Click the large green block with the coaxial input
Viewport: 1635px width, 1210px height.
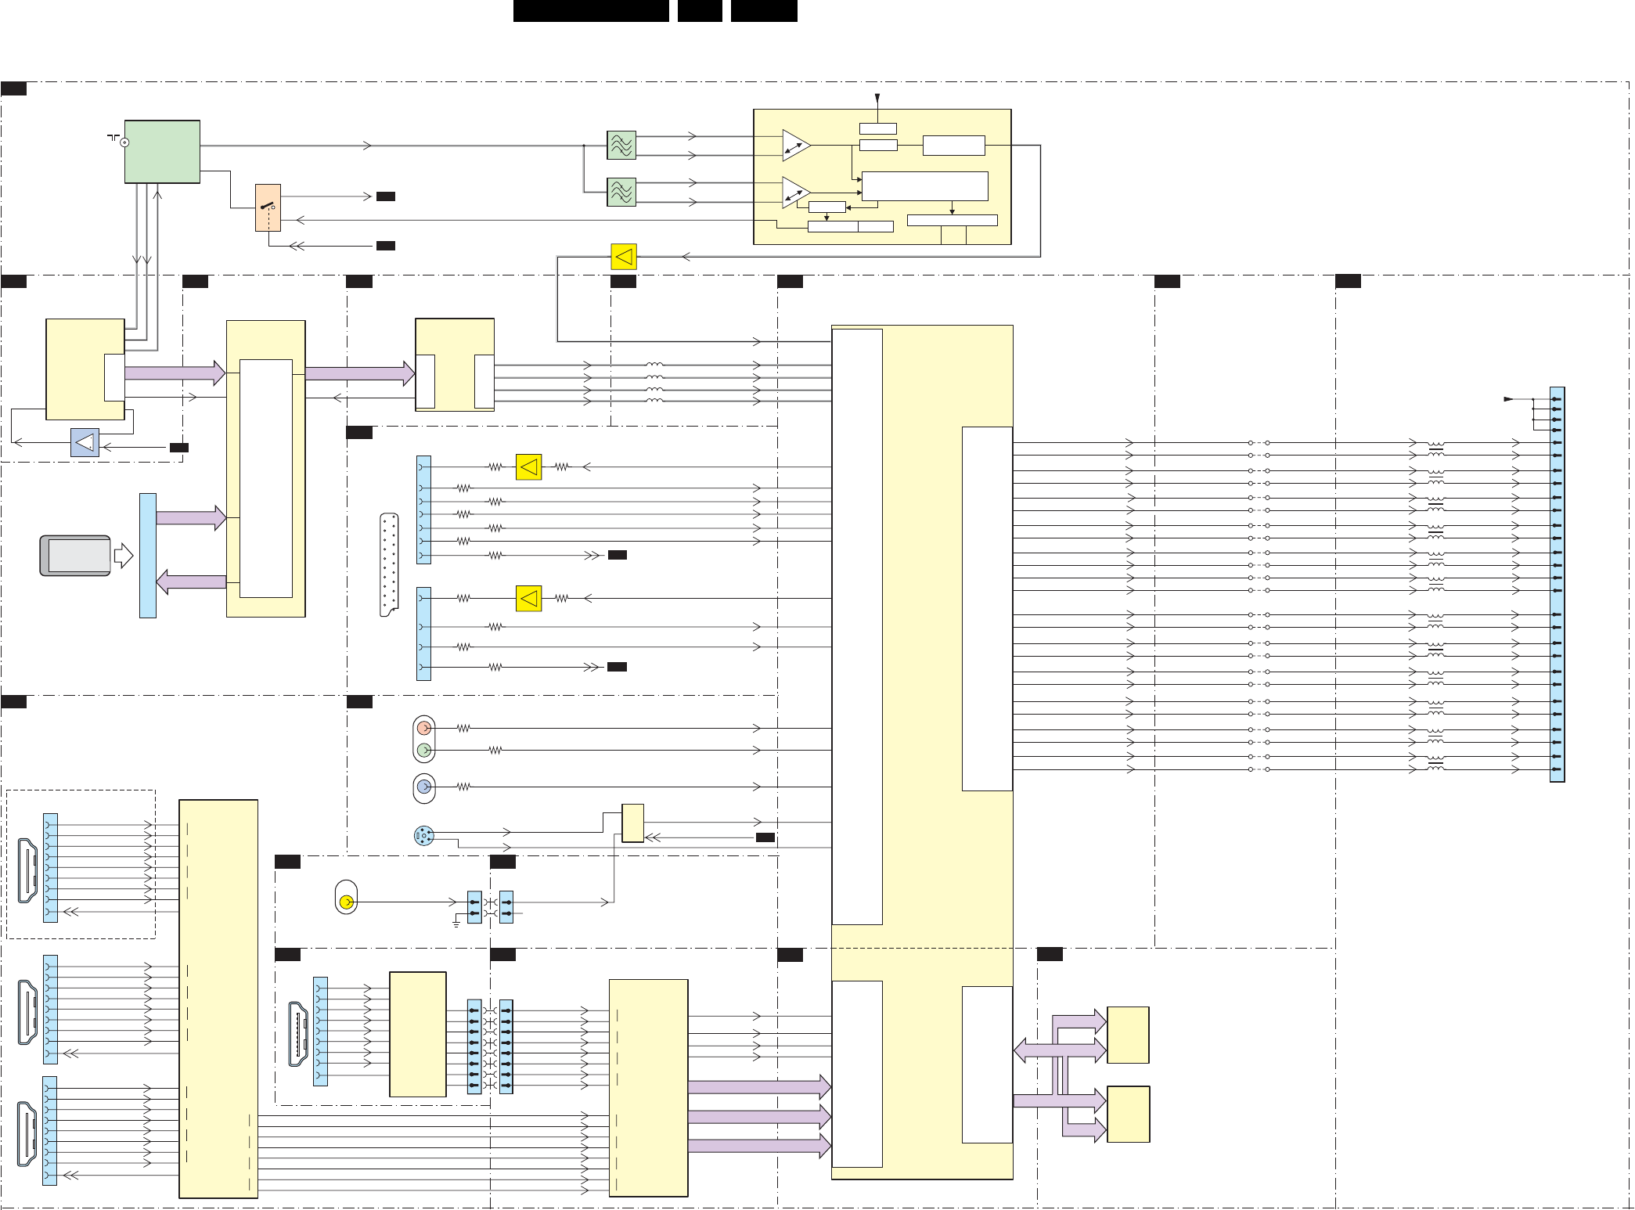pyautogui.click(x=162, y=151)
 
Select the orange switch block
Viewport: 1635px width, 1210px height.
pyautogui.click(x=268, y=207)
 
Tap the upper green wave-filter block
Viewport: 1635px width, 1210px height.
pyautogui.click(x=621, y=145)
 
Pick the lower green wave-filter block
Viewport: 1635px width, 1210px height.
pyautogui.click(x=621, y=192)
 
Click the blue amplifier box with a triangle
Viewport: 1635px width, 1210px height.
pyautogui.click(x=85, y=442)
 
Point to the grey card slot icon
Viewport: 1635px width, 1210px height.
pyautogui.click(x=75, y=556)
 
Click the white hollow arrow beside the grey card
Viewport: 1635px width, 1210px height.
pyautogui.click(x=124, y=556)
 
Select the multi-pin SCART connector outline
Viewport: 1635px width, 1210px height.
pyautogui.click(x=389, y=564)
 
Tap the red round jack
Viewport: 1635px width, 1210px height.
pyautogui.click(x=424, y=728)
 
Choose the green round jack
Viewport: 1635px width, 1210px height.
pyautogui.click(x=424, y=750)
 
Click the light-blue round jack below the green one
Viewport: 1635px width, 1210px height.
pyautogui.click(x=424, y=787)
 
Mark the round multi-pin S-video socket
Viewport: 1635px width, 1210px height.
pyautogui.click(x=423, y=836)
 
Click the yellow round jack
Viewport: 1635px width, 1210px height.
pyautogui.click(x=347, y=902)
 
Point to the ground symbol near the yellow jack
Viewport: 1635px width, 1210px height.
pyautogui.click(x=456, y=924)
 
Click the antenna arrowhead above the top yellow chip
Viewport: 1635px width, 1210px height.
pyautogui.click(x=877, y=99)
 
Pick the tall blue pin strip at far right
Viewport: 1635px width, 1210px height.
pyautogui.click(x=1557, y=584)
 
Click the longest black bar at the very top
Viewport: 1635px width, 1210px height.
pyautogui.click(x=591, y=10)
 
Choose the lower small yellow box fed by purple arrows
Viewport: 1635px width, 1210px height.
pyautogui.click(x=1128, y=1114)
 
